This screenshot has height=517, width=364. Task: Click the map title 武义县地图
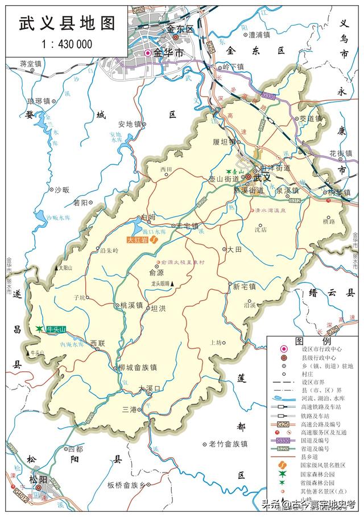pyautogui.click(x=67, y=23)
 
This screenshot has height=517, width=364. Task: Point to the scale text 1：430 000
pyautogui.click(x=67, y=44)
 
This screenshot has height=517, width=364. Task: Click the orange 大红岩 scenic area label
pyautogui.click(x=138, y=240)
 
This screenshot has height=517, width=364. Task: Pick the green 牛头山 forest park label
pyautogui.click(x=56, y=329)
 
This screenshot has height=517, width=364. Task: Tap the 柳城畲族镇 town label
pyautogui.click(x=140, y=367)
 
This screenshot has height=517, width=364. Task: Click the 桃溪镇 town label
pyautogui.click(x=131, y=306)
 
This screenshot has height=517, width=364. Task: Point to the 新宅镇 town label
pyautogui.click(x=245, y=286)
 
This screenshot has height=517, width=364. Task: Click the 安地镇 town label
pyautogui.click(x=129, y=124)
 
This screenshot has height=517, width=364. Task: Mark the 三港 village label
pyautogui.click(x=130, y=409)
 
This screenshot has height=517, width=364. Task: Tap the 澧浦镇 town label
pyautogui.click(x=259, y=35)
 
